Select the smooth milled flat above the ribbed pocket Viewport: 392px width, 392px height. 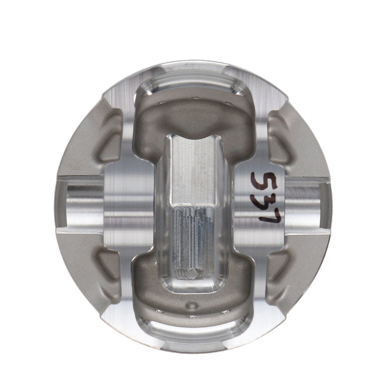pos(195,169)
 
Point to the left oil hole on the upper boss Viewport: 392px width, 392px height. pos(162,102)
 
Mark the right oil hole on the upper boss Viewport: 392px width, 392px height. pos(228,103)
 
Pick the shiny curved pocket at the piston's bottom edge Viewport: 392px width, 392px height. pos(195,331)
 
